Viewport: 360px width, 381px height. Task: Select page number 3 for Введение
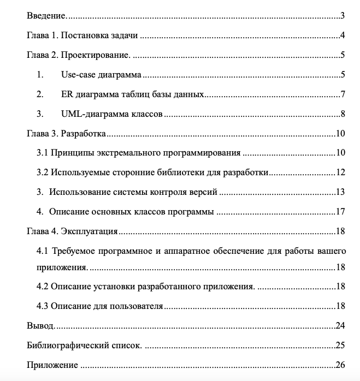(x=341, y=16)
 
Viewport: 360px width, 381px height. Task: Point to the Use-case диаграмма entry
(x=102, y=75)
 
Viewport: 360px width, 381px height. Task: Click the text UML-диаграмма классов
(x=112, y=114)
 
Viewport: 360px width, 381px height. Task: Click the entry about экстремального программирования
(x=139, y=153)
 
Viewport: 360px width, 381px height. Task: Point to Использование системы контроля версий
(x=134, y=192)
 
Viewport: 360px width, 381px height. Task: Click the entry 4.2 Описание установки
(x=145, y=287)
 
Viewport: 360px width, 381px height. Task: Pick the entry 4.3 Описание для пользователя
(x=100, y=306)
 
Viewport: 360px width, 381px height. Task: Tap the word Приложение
(x=52, y=365)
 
